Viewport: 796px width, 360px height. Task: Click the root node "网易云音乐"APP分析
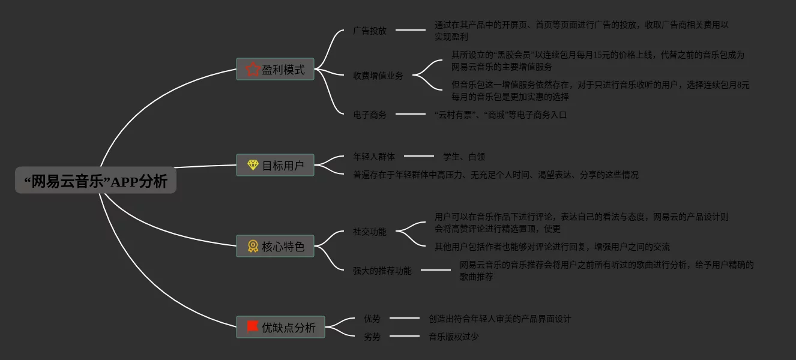[x=95, y=180]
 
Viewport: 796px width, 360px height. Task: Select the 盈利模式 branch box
[x=275, y=69]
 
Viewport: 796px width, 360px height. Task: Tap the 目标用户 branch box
[x=275, y=165]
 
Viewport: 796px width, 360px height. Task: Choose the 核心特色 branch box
[x=275, y=246]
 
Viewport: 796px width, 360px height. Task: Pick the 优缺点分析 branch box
[x=280, y=327]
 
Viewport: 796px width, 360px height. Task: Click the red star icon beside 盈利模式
[x=253, y=69]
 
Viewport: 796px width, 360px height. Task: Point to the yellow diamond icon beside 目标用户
[x=253, y=165]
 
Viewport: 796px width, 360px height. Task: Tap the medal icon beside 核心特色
[x=253, y=246]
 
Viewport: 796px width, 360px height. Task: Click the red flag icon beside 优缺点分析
[x=253, y=326]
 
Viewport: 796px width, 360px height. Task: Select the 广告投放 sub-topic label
[x=370, y=31]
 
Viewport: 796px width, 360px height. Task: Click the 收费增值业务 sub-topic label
[x=378, y=76]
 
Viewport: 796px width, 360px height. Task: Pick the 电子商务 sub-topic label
[x=370, y=115]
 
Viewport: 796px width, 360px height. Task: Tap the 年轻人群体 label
[x=374, y=157]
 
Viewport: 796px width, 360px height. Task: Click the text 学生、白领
[x=463, y=157]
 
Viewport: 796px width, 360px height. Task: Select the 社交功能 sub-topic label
[x=370, y=232]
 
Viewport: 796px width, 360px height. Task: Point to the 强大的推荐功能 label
[x=382, y=271]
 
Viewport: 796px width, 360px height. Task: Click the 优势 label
[x=372, y=319]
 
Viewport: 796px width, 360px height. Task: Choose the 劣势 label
[x=372, y=337]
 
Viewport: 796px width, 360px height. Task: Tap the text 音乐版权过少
[x=454, y=337]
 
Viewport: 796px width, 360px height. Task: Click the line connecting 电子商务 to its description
[x=411, y=113]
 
